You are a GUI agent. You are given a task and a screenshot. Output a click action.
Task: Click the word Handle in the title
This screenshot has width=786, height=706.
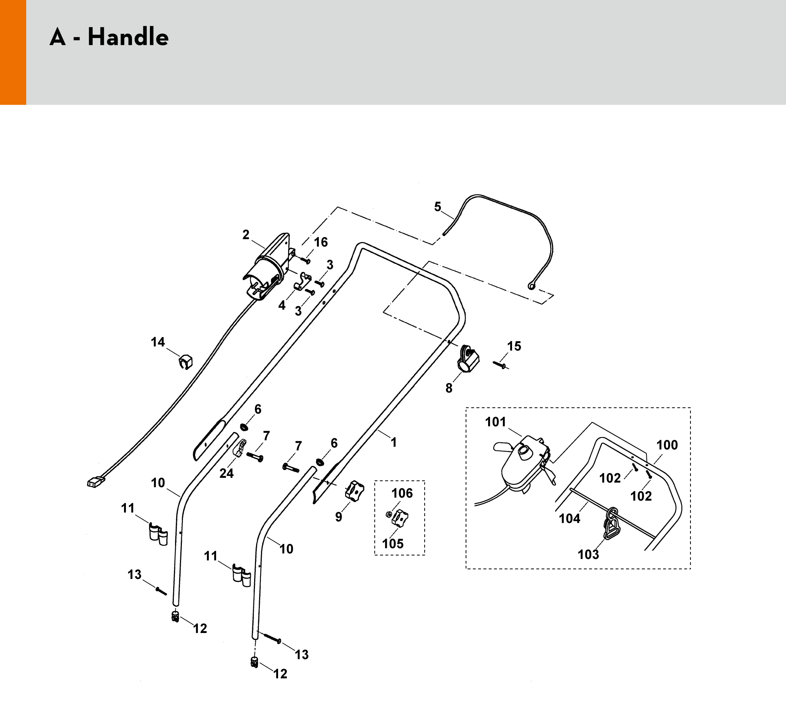coord(128,38)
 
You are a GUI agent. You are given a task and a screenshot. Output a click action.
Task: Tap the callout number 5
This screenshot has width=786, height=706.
coord(438,207)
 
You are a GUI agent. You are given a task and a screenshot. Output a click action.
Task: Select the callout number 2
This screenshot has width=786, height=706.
coord(245,235)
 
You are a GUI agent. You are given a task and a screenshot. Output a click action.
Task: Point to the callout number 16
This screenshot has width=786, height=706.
coord(321,242)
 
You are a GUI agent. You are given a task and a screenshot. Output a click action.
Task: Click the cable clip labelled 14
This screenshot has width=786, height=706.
coord(186,361)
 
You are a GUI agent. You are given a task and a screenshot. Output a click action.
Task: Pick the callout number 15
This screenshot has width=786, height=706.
coord(514,346)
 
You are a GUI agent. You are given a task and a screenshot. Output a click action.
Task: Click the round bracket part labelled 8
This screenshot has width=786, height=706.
coord(468,359)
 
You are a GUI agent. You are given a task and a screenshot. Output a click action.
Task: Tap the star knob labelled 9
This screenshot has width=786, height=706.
coord(355,491)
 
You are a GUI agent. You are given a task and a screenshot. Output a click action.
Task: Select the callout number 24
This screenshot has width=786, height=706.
coord(227,473)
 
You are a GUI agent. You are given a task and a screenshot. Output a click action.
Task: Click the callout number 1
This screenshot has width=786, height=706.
coord(394,442)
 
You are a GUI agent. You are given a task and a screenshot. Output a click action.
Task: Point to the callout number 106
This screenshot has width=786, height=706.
coord(402,493)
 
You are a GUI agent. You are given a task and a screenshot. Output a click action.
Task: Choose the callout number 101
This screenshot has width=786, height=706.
coord(496,422)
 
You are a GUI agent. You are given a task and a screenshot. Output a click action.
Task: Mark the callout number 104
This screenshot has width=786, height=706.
coord(570,518)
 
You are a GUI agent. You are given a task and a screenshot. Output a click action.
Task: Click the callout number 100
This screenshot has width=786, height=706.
coord(667,445)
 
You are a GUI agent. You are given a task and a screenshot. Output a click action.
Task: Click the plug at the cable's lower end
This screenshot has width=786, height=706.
coord(95,482)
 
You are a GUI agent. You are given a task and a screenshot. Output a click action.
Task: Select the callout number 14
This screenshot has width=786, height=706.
coord(158,342)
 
